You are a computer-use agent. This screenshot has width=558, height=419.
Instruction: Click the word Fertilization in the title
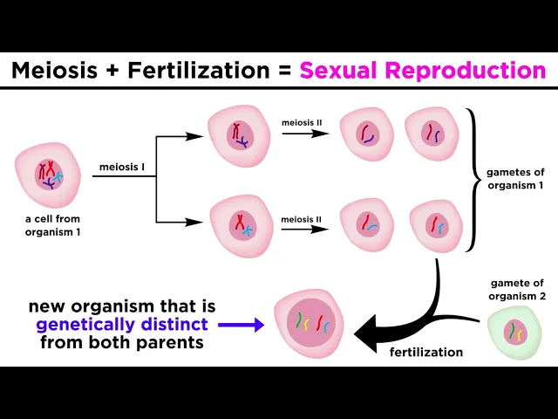point(200,71)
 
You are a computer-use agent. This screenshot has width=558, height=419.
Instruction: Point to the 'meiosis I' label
point(121,167)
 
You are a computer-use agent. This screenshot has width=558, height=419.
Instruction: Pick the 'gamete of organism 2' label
point(515,289)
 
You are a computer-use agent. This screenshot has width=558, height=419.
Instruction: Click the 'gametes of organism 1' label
point(514,178)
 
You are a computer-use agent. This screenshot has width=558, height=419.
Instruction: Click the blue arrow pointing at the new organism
point(242,325)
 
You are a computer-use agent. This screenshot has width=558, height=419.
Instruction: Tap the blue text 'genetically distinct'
point(122,325)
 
